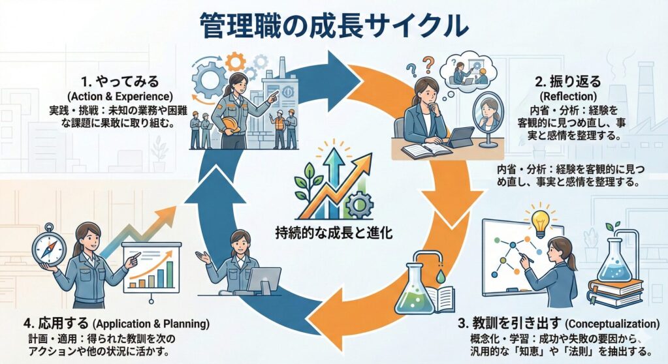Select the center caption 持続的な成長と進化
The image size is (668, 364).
click(334, 232)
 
